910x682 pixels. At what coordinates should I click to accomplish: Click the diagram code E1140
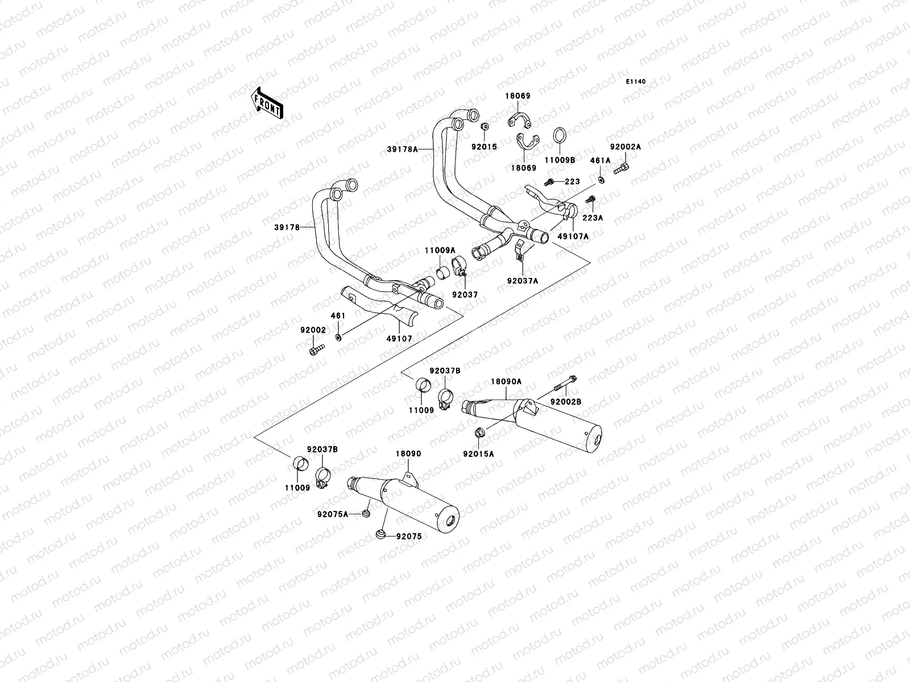click(x=636, y=82)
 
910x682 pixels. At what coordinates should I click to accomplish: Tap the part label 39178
click(x=302, y=227)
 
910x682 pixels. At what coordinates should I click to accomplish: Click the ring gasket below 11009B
click(x=560, y=137)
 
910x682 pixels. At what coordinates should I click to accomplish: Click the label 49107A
click(x=573, y=236)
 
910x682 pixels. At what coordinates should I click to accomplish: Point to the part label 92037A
click(x=522, y=280)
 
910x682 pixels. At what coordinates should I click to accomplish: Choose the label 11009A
click(x=439, y=250)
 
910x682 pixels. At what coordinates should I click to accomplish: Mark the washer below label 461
click(x=339, y=338)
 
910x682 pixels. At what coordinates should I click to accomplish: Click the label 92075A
click(x=333, y=514)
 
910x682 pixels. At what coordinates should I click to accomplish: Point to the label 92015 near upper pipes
click(x=483, y=147)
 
